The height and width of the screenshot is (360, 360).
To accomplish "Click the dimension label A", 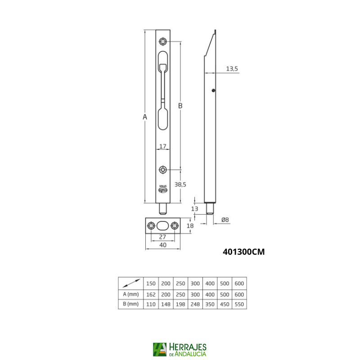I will point(145,117).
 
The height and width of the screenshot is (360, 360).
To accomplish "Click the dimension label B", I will point(180,106).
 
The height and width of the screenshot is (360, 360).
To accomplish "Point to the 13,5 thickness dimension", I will point(232,68).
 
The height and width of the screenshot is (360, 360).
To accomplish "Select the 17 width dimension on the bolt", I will point(163,146).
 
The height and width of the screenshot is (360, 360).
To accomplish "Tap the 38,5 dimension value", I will point(180,184).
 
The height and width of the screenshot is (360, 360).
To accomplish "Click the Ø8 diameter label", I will point(225,220).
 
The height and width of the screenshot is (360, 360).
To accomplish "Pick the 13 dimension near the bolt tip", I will point(194,208).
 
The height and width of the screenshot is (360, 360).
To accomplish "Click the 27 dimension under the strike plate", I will point(163,237).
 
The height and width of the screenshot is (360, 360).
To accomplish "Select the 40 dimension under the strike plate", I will point(163,245).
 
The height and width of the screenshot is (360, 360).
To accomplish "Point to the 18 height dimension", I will point(190,225).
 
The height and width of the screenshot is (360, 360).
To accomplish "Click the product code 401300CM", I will point(244,252).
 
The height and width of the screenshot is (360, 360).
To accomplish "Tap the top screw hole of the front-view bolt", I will point(163,42).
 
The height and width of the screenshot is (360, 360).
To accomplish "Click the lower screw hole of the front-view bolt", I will point(163,170).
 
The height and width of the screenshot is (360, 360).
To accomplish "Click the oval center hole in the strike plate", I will point(163,225).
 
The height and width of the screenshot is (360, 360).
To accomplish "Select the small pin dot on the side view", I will point(214,90).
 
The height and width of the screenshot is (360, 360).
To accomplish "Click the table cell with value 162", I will point(151,294).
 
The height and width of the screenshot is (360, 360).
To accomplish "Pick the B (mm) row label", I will point(131,304).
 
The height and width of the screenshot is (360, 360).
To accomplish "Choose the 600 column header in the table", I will point(239,283).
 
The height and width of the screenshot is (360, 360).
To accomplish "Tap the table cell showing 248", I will point(195,304).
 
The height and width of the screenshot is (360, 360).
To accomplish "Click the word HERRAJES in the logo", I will point(188,347).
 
